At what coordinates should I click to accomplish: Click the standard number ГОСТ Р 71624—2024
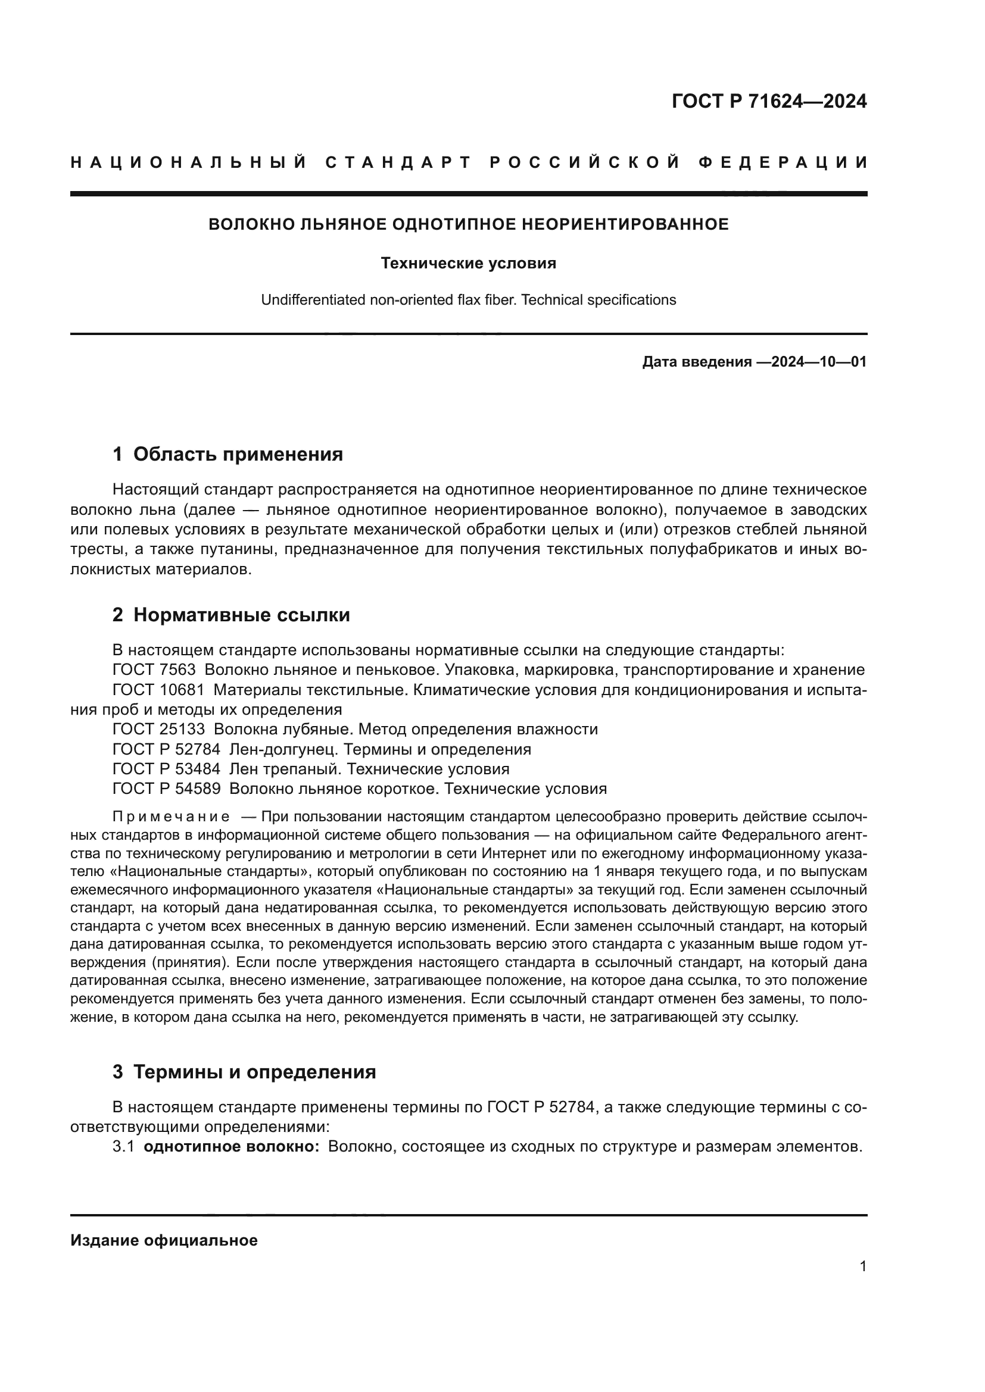click(769, 101)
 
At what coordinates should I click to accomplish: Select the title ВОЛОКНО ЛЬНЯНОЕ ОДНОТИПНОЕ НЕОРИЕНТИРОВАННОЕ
click(468, 224)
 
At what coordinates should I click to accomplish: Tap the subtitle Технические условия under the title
click(468, 263)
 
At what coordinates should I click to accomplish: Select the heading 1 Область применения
click(227, 454)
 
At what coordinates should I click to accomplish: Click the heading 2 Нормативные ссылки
click(231, 615)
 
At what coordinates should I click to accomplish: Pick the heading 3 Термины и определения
click(244, 1072)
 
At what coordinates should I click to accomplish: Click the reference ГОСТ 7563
click(154, 670)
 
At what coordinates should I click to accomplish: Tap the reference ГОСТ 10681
click(158, 690)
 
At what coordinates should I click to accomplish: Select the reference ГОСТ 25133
click(158, 730)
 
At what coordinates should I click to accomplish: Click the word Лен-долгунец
click(278, 749)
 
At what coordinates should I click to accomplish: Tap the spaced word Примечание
click(171, 816)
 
